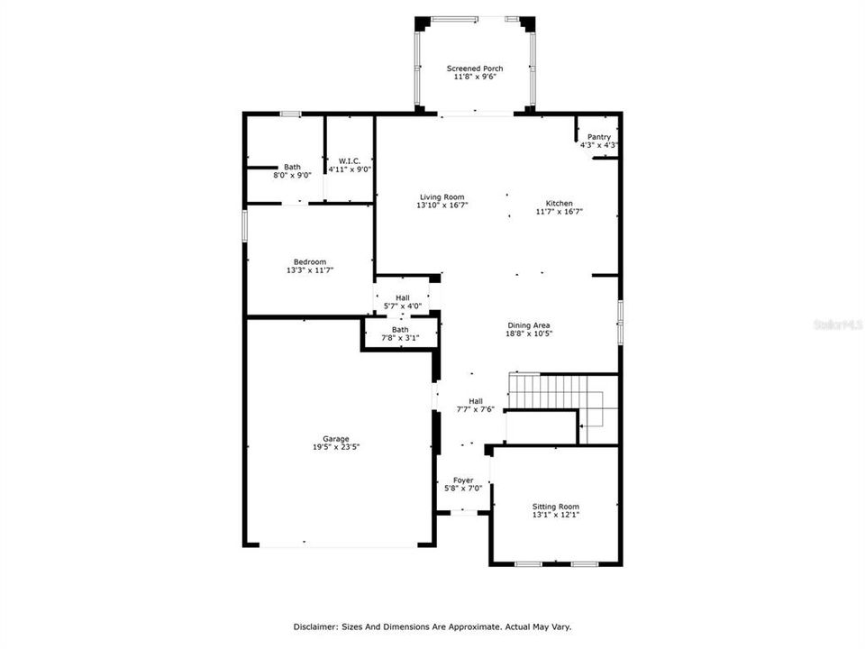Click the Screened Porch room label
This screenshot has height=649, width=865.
pos(475,69)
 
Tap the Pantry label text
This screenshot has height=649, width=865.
pos(599,137)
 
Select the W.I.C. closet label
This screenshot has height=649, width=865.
pos(350,160)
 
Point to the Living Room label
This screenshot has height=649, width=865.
pos(442,197)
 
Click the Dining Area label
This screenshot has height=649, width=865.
pos(528,325)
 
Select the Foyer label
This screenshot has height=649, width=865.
pos(464,480)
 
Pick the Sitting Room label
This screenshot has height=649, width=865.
pos(555,507)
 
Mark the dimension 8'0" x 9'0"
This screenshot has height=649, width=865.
pos(293,175)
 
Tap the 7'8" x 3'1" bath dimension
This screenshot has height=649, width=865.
pos(400,338)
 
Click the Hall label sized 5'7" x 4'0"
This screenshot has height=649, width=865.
pos(402,298)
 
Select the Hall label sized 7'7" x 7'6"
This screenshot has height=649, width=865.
pos(475,401)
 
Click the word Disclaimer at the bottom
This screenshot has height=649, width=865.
pos(314,626)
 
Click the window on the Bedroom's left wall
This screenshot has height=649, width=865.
pos(245,225)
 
